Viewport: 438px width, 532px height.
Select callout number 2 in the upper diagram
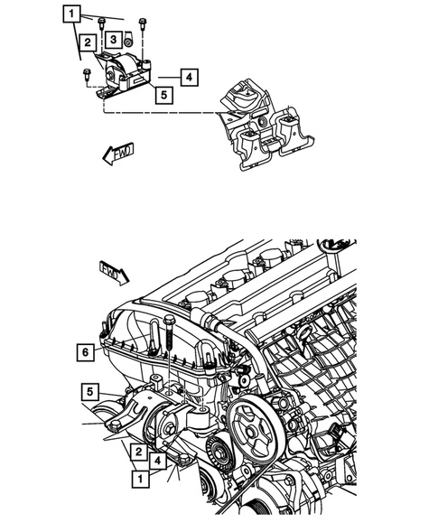[x=87, y=42]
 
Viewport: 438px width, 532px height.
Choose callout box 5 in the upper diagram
[x=163, y=93]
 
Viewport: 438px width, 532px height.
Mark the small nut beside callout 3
[x=129, y=41]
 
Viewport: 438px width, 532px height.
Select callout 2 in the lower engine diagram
[x=138, y=450]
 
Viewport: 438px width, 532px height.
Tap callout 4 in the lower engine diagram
[x=159, y=460]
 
